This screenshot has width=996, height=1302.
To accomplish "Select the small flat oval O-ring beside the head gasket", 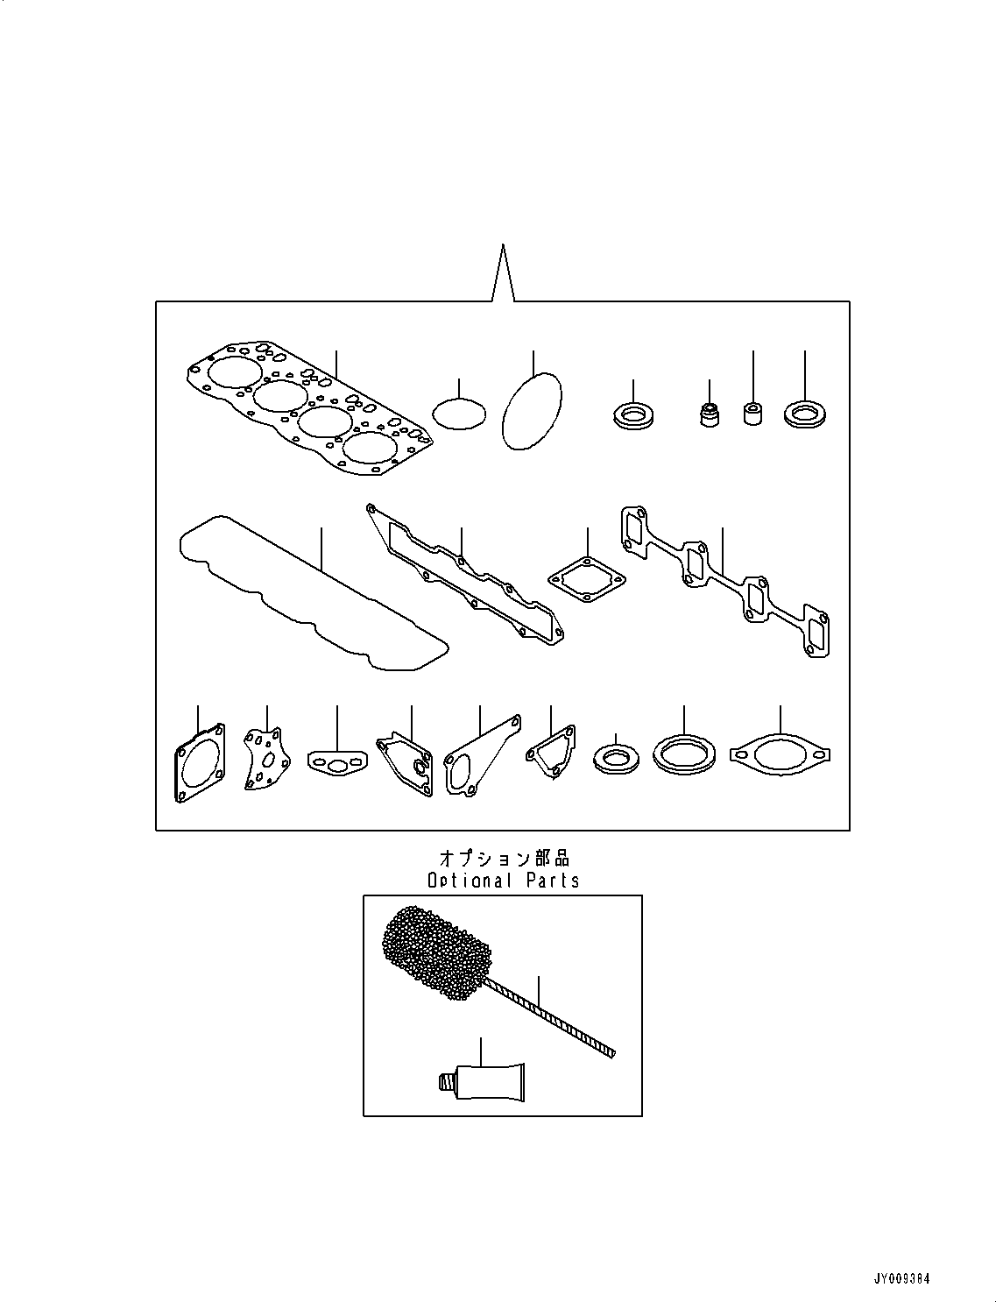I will (x=459, y=414).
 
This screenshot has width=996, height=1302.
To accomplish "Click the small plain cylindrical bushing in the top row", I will (x=752, y=413).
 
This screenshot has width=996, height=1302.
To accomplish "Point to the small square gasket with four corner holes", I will (x=586, y=579).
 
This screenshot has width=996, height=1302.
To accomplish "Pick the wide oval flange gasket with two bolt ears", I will (x=780, y=754).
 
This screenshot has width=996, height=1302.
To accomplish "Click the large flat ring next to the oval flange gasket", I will (x=683, y=754).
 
